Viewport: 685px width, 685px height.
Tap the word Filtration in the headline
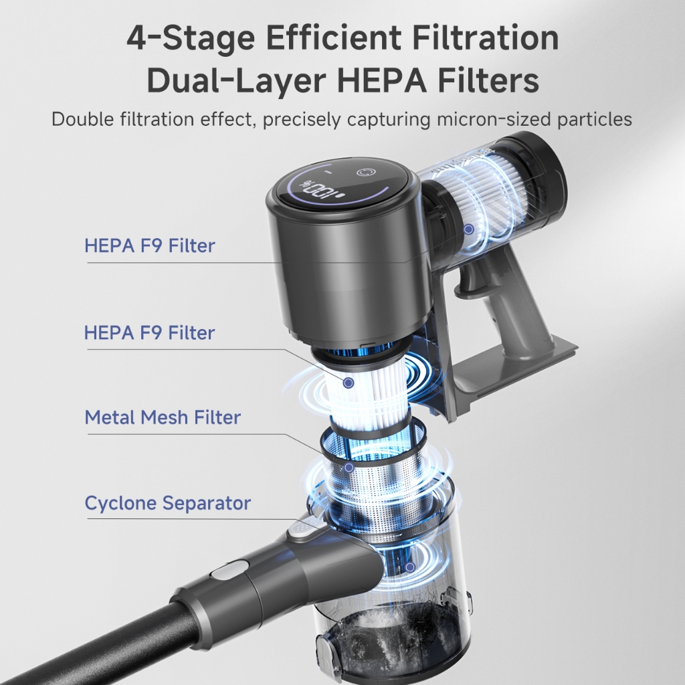click(x=486, y=37)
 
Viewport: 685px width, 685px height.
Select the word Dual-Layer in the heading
click(x=236, y=80)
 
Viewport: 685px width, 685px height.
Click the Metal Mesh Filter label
click(x=163, y=417)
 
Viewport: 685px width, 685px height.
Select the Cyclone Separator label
click(x=168, y=503)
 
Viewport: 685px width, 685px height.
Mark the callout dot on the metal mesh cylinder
click(x=349, y=468)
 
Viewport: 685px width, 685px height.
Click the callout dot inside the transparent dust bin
click(x=410, y=567)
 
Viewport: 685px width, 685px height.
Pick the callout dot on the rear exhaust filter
click(x=469, y=229)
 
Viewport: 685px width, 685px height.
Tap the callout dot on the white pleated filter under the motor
click(x=348, y=383)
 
